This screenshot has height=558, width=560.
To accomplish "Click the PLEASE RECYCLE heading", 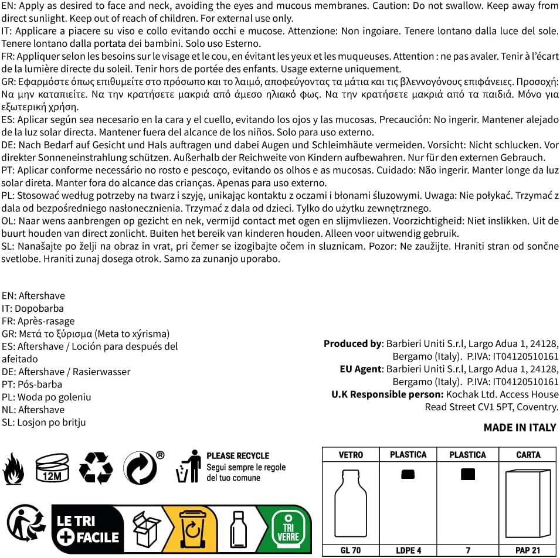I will (237, 455).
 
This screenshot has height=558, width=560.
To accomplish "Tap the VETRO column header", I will (351, 454).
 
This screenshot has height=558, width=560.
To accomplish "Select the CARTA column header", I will (528, 454).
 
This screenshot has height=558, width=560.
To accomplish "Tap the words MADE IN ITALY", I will (520, 427).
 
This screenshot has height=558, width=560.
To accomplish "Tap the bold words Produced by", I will (352, 343).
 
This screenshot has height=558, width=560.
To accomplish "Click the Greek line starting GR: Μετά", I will (86, 334).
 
